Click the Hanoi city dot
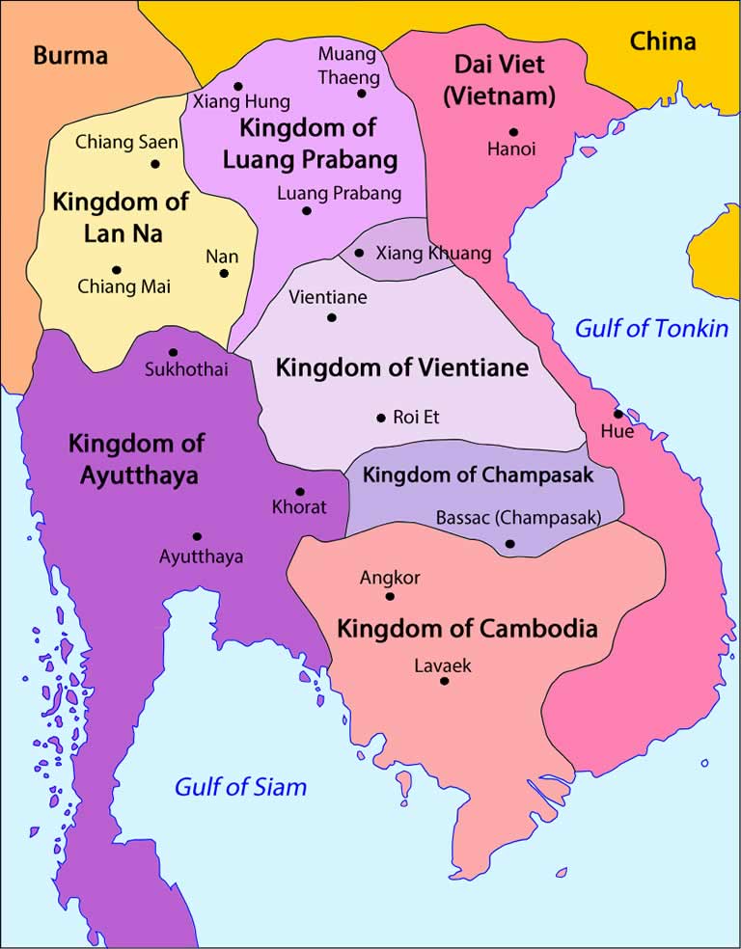(x=513, y=132)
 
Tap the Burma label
(x=71, y=55)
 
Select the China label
(x=663, y=41)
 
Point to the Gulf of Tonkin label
(x=651, y=328)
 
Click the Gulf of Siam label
(x=240, y=786)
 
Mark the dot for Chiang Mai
(x=117, y=270)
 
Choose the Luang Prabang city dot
(x=307, y=210)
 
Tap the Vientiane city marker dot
(x=332, y=317)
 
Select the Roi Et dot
(x=381, y=418)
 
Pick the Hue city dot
(x=617, y=414)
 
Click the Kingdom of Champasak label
(x=478, y=474)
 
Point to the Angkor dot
(x=390, y=596)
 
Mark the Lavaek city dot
(x=444, y=681)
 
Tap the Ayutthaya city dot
(x=197, y=536)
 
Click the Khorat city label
(x=299, y=507)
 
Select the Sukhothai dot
(x=173, y=352)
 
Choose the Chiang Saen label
(x=127, y=143)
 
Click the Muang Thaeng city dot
(x=362, y=94)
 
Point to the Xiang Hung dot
(x=238, y=84)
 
